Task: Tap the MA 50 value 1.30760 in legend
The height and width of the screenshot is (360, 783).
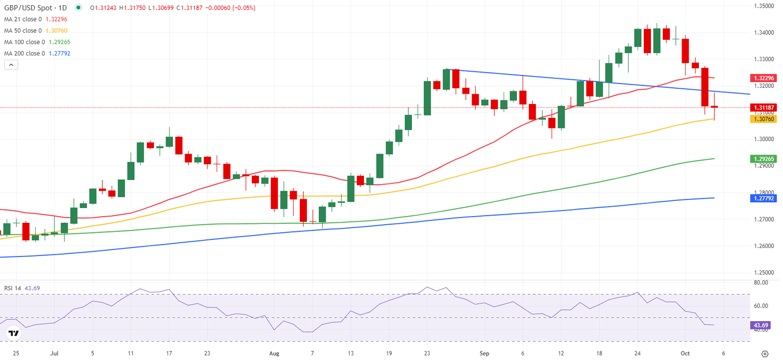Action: tap(59, 31)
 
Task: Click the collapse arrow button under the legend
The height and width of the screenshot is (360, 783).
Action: tap(11, 65)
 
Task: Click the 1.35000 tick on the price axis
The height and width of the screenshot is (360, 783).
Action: tap(765, 6)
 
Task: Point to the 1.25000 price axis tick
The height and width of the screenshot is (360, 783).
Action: tap(765, 272)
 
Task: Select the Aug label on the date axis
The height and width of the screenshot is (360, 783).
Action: tap(274, 353)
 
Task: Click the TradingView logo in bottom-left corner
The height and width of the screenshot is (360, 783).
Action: tap(14, 333)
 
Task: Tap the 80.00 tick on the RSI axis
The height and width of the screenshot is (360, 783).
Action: tap(761, 282)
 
